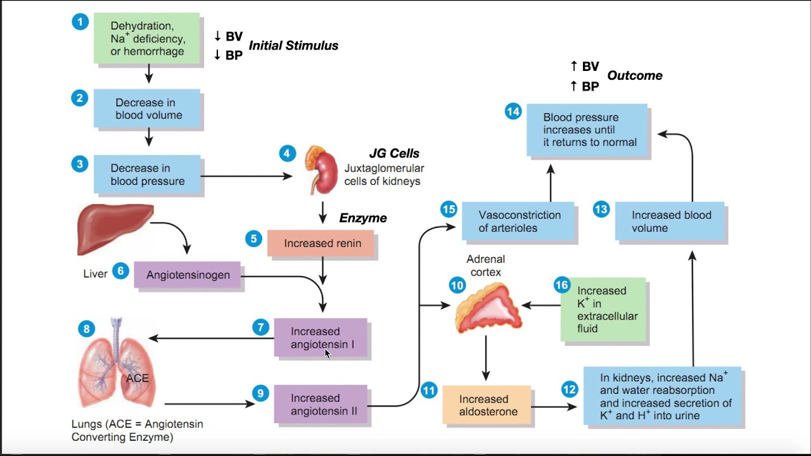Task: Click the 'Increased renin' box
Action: (322, 243)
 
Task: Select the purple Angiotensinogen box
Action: (188, 275)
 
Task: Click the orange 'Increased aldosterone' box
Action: (486, 405)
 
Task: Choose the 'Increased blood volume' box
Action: (670, 222)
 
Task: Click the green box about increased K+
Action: (603, 309)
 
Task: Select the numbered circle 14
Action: (513, 112)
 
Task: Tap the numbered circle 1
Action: (80, 22)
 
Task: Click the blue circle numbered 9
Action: (260, 393)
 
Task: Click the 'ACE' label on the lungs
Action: (137, 378)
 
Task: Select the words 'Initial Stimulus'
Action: (293, 46)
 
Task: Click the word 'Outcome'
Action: (634, 75)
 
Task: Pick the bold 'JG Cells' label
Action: (394, 153)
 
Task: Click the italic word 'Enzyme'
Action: (362, 218)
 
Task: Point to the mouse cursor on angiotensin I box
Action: (328, 353)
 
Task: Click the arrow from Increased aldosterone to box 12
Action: (548, 406)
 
